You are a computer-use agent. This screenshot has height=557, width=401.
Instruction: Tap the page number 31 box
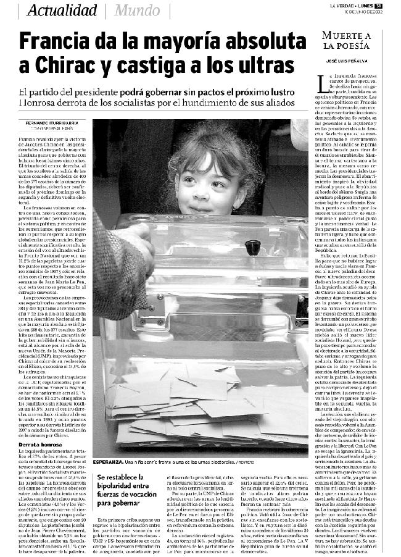395,6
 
